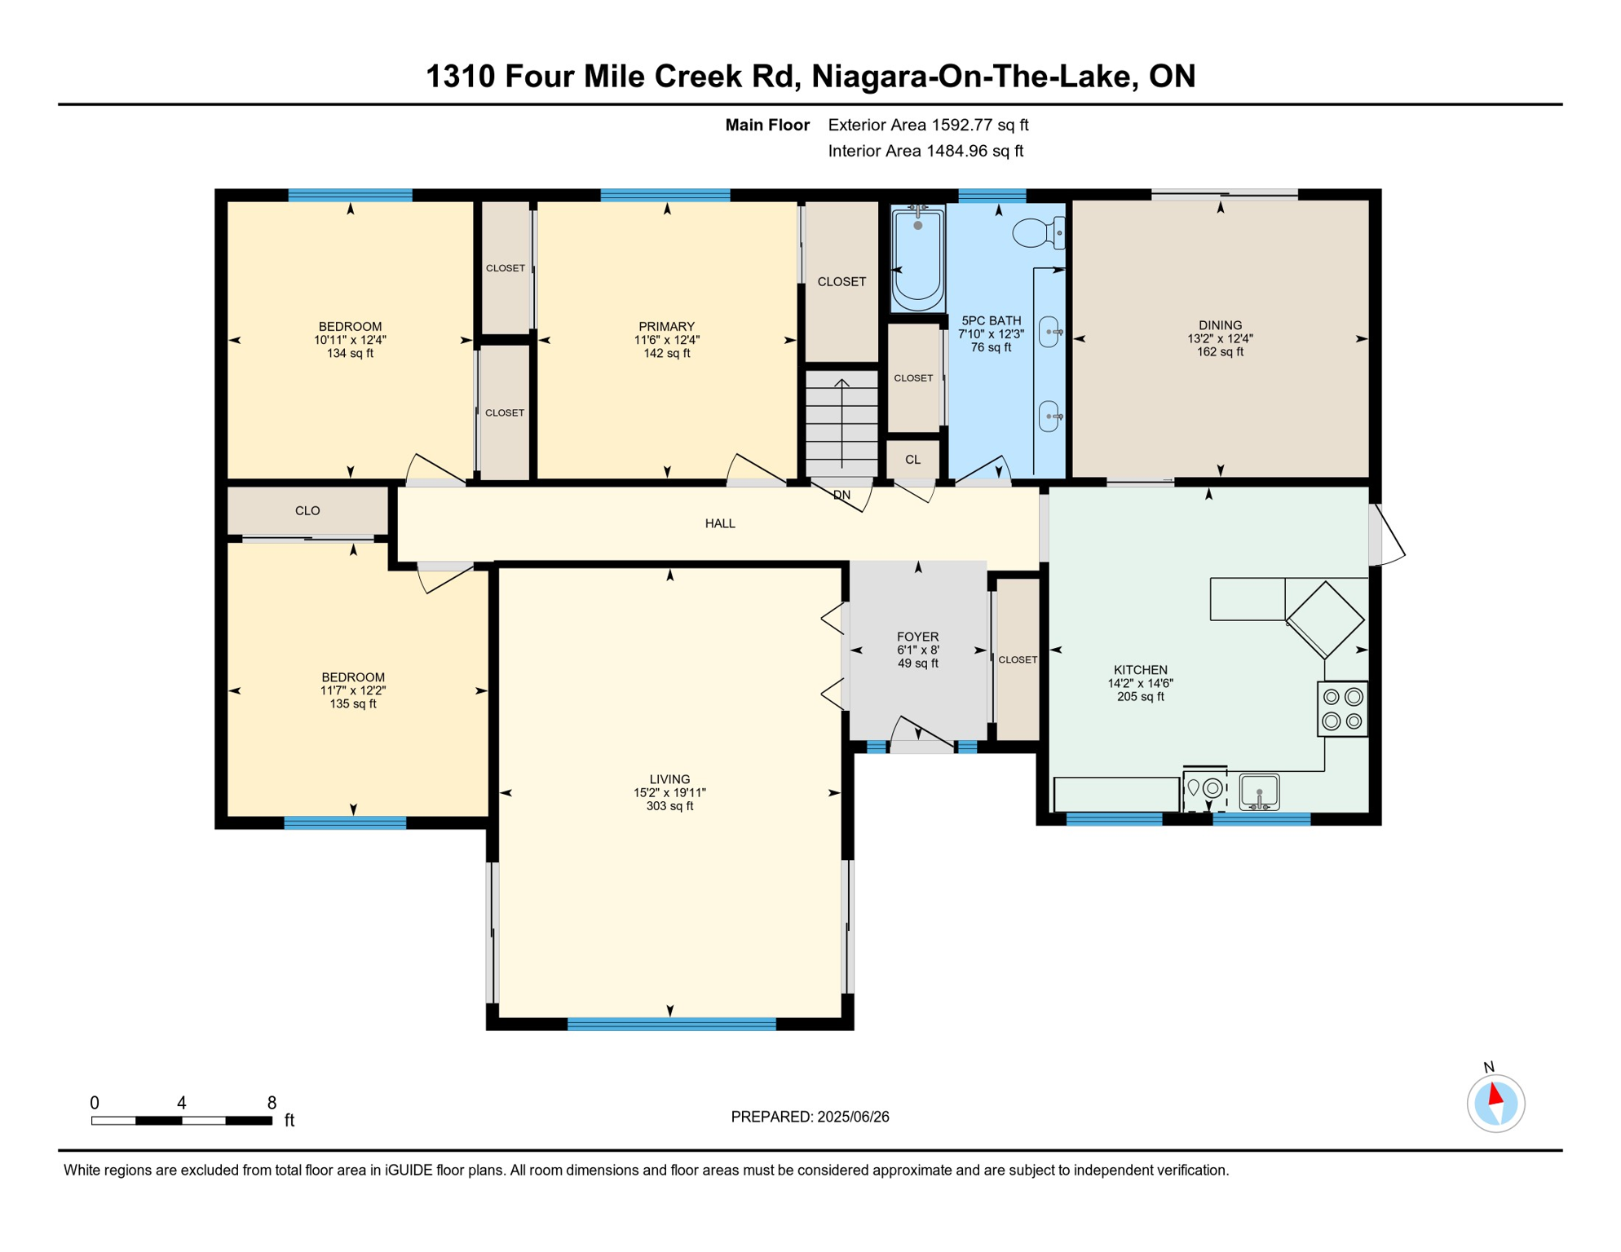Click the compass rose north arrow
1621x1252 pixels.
[x=1495, y=1095]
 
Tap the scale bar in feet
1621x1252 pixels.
[x=181, y=1121]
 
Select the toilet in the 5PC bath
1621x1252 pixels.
[x=1037, y=233]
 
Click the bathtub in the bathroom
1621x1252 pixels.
[x=917, y=259]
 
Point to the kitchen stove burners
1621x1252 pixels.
[x=1342, y=709]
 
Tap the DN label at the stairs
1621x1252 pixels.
[x=841, y=495]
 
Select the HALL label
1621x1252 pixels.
[x=720, y=523]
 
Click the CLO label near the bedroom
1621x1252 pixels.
[x=307, y=511]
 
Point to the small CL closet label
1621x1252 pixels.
[x=912, y=460]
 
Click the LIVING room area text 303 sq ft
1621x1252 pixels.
[x=669, y=806]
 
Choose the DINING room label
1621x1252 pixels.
[x=1220, y=325]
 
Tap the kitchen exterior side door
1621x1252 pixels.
[x=1386, y=535]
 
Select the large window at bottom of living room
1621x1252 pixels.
[x=671, y=1024]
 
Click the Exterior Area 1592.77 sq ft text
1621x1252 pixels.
[x=928, y=125]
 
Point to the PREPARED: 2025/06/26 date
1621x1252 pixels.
[x=810, y=1117]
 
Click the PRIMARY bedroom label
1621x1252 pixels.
[x=666, y=326]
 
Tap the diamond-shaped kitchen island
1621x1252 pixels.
[x=1325, y=619]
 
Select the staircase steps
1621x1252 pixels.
[x=841, y=424]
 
